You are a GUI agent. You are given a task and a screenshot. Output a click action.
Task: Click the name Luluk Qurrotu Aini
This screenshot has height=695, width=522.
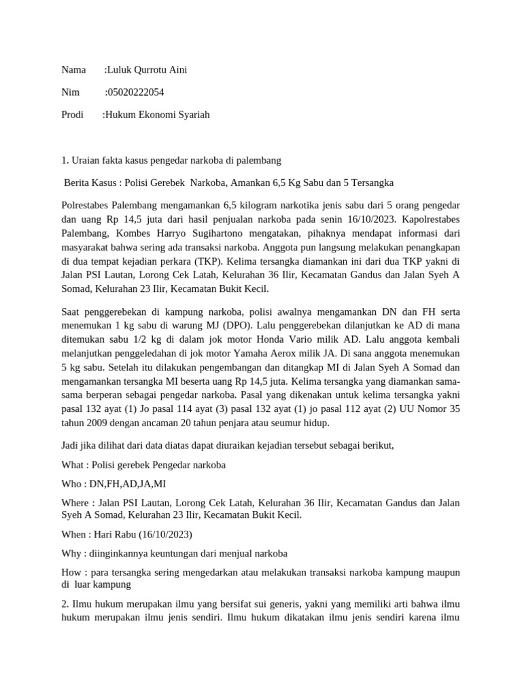point(147,70)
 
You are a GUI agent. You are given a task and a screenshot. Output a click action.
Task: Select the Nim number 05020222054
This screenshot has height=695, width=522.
point(136,92)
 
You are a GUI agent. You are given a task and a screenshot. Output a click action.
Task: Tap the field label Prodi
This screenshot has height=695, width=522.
point(72,115)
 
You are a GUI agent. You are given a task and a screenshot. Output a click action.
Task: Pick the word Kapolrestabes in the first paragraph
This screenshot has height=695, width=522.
point(430,220)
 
